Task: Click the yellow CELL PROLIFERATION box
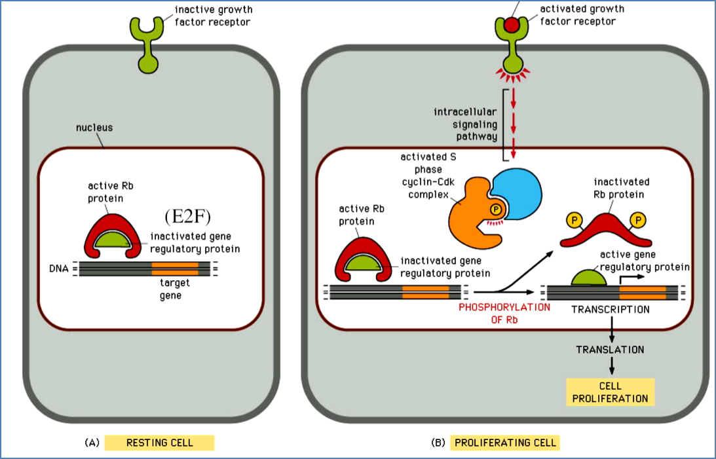(610, 392)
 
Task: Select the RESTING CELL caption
(159, 443)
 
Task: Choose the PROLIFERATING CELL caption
(504, 443)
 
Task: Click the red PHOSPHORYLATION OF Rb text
(504, 314)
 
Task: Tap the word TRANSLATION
(610, 350)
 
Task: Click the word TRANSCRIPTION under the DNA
(610, 309)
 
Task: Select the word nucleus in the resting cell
(94, 128)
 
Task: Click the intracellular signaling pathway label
(466, 125)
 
